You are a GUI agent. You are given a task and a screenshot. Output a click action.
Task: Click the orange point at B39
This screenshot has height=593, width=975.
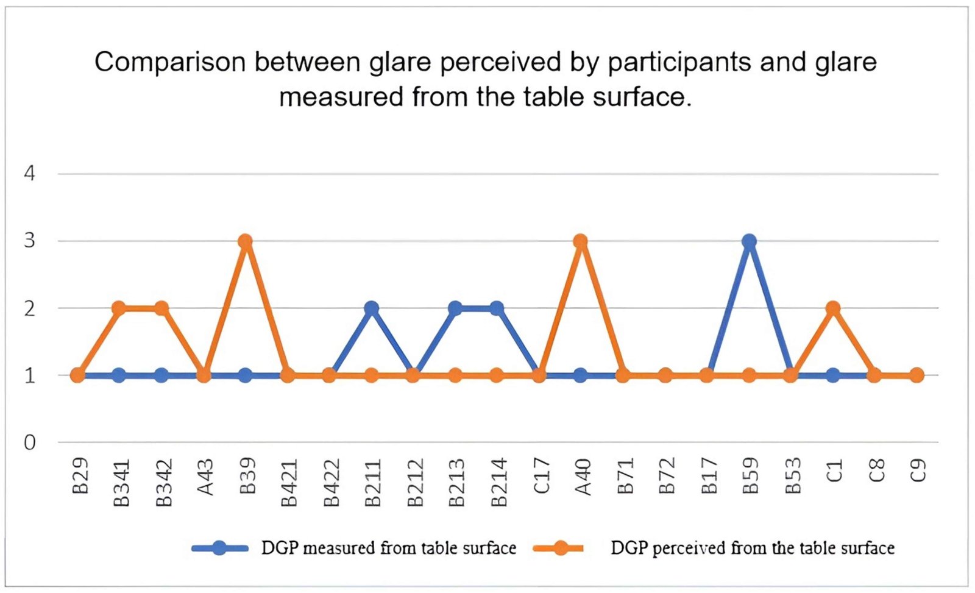click(245, 241)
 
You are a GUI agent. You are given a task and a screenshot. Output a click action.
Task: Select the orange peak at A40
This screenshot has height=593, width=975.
click(580, 241)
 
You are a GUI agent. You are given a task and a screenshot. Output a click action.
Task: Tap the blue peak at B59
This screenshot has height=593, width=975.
click(749, 241)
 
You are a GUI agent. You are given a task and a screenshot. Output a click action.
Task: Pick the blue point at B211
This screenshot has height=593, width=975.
click(371, 308)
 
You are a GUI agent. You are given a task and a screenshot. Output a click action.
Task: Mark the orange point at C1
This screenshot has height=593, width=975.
click(833, 308)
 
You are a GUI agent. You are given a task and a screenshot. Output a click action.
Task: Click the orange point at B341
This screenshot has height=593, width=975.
click(119, 308)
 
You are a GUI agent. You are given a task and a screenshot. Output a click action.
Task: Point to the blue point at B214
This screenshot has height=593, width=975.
click(497, 308)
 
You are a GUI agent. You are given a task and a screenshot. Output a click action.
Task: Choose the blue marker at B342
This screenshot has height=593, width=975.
click(161, 375)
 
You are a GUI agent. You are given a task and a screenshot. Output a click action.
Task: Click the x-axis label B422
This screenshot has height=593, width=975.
click(330, 483)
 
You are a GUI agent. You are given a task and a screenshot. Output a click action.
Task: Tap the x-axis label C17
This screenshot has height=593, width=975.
click(541, 476)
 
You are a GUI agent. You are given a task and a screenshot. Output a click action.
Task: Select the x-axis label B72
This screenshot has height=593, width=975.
click(667, 476)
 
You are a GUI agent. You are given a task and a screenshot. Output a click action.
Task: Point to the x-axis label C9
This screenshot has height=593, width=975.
click(918, 470)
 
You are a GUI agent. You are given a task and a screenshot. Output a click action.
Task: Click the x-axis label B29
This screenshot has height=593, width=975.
click(80, 476)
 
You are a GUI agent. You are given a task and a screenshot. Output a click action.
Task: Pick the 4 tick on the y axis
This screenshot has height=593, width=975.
click(29, 174)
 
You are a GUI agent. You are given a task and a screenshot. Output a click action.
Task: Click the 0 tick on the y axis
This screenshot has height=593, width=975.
click(29, 442)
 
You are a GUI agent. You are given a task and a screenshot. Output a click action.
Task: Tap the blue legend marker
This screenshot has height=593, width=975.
click(219, 548)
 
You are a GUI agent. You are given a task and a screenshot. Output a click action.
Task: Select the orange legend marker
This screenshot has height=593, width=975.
click(559, 548)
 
